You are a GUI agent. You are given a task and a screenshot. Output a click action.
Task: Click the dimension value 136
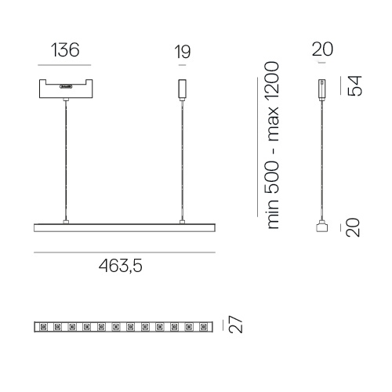pos(65,50)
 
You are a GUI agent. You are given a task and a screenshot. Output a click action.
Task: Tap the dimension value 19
pos(183,52)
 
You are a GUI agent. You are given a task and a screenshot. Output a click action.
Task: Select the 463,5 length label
pos(121,266)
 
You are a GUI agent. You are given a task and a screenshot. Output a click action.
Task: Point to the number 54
pos(354,85)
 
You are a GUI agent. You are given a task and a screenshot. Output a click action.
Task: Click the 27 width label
pos(235,324)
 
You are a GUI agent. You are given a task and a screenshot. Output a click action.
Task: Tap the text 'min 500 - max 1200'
pos(272,145)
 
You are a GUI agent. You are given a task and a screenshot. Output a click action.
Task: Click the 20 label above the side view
pos(322,49)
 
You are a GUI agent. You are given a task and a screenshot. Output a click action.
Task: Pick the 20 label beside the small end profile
pos(353,227)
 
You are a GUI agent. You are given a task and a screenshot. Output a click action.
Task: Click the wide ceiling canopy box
pos(66,89)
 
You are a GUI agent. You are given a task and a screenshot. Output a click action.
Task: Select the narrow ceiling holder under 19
pos(183,89)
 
